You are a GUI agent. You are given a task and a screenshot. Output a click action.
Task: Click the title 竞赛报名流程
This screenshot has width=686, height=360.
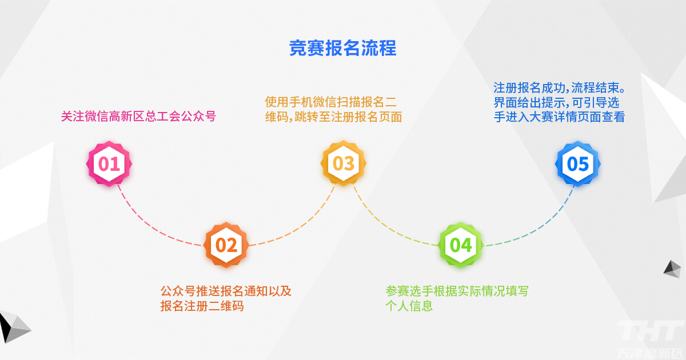click(342, 48)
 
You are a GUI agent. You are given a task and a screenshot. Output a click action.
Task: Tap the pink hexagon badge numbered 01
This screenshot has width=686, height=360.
click(109, 163)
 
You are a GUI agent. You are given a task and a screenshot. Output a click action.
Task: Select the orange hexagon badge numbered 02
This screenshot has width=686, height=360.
click(226, 245)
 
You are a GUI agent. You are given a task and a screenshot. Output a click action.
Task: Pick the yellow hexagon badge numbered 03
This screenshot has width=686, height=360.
click(344, 163)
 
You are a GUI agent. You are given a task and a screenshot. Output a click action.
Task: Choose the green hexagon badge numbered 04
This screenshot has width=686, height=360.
click(461, 245)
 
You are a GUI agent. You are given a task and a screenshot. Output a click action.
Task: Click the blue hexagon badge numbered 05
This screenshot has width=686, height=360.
click(577, 163)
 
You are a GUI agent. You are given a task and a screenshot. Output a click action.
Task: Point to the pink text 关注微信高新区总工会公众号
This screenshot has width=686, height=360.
click(138, 117)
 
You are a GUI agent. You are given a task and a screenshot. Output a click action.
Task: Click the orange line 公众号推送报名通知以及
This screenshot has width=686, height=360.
click(226, 291)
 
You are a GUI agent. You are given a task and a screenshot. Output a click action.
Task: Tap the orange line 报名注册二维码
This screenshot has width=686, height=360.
click(202, 306)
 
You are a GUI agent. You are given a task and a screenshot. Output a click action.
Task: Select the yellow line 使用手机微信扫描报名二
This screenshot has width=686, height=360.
click(331, 102)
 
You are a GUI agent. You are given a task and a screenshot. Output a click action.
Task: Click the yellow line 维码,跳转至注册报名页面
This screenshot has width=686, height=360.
click(333, 117)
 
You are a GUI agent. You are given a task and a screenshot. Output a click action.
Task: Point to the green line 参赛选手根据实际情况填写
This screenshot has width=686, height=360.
click(457, 291)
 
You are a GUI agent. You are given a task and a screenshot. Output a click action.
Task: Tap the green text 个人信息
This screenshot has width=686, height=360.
click(409, 306)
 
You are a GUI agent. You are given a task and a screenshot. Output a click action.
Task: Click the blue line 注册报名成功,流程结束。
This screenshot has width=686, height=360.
click(560, 88)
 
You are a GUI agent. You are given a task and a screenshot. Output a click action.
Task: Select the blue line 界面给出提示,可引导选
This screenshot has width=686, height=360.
click(556, 102)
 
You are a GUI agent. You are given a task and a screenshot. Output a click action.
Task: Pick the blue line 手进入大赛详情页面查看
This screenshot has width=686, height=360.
click(559, 117)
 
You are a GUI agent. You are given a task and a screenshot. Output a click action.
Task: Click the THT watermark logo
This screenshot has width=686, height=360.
click(649, 331)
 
